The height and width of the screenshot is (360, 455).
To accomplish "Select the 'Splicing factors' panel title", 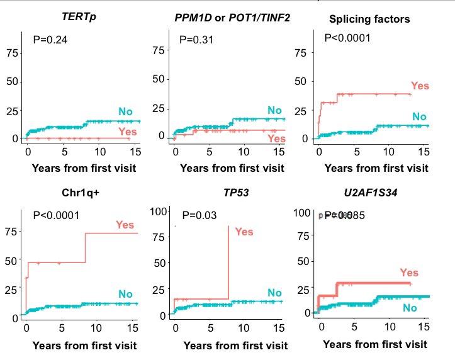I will [369, 19].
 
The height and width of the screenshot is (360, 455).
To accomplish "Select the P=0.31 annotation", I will [196, 40].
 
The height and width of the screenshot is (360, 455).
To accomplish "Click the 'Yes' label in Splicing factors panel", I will [420, 86].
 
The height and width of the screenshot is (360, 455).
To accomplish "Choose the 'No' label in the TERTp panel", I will [125, 112].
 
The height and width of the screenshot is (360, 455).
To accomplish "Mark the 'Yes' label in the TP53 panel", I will [244, 232].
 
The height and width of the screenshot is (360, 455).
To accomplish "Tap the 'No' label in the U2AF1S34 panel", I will [410, 308].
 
